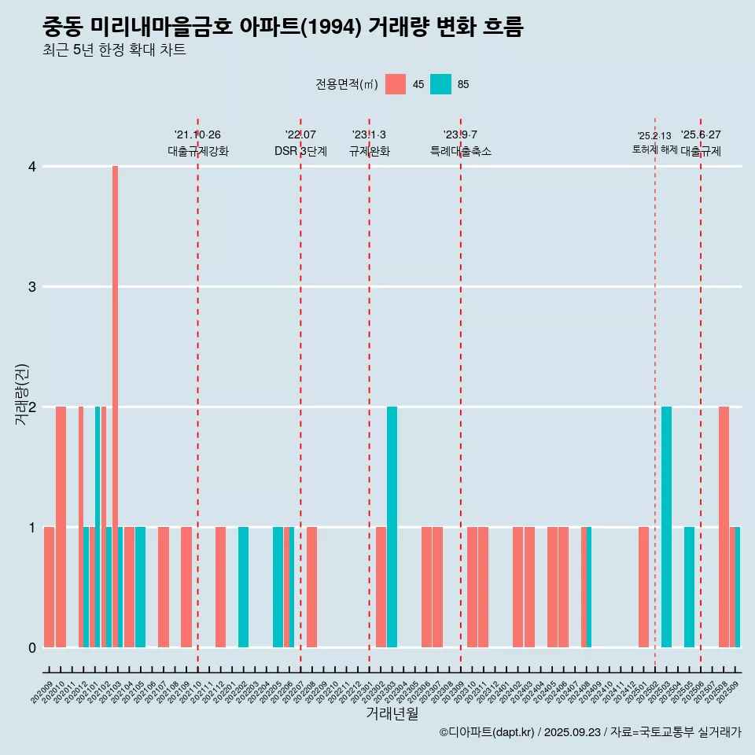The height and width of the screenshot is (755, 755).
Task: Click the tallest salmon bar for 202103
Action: click(115, 406)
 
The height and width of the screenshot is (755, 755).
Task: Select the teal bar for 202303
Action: click(392, 526)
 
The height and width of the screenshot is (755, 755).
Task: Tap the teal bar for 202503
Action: click(666, 526)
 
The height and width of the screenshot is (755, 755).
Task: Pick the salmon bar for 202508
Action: click(724, 526)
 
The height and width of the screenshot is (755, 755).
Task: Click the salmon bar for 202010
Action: click(61, 526)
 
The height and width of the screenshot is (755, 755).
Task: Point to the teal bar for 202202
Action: click(243, 587)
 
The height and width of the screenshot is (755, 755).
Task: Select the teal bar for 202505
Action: click(689, 587)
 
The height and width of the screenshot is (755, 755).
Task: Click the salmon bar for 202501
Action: click(643, 587)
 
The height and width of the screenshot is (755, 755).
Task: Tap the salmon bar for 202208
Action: click(311, 587)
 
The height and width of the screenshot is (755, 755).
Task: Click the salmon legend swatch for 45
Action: click(396, 84)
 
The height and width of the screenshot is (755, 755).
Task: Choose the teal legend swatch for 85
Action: click(440, 84)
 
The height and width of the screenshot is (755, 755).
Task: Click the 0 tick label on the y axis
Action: click(32, 647)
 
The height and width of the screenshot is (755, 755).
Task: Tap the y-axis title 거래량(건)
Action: click(21, 394)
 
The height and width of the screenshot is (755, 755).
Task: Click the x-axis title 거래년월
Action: click(392, 713)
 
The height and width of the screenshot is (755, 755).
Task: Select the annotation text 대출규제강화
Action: click(197, 151)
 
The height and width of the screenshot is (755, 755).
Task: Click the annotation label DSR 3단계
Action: click(300, 151)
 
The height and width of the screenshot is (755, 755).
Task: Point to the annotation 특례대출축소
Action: click(460, 151)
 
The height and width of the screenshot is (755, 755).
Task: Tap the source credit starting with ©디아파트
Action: click(590, 732)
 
